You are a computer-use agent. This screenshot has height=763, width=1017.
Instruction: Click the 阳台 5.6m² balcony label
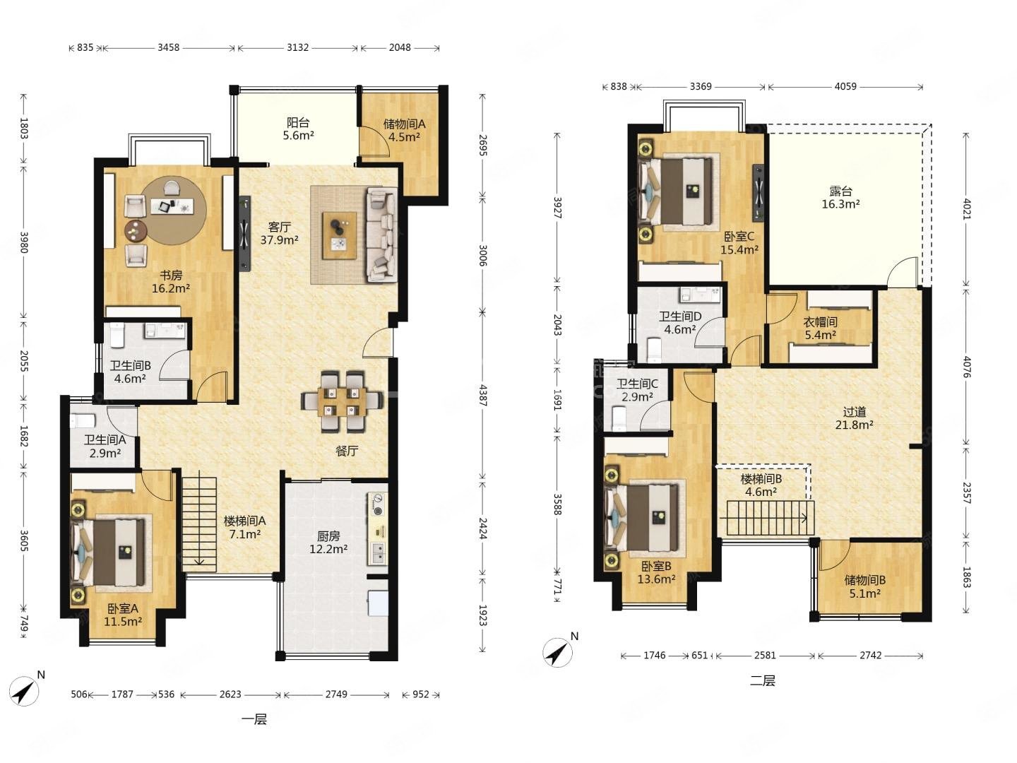(298, 129)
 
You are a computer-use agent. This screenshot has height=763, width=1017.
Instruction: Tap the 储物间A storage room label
(404, 124)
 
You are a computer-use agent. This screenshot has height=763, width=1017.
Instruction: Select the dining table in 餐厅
(342, 401)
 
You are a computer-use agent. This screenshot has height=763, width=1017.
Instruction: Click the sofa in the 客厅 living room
(382, 235)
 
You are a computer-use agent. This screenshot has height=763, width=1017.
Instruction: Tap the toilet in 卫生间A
(83, 420)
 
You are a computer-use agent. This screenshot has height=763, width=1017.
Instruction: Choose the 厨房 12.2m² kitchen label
(328, 543)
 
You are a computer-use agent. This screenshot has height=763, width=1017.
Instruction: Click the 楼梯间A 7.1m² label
(244, 527)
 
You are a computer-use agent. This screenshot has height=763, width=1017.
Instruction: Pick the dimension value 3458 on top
(168, 47)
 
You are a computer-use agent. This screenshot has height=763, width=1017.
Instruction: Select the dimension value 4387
(483, 395)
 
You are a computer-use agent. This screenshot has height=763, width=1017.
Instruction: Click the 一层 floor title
(254, 719)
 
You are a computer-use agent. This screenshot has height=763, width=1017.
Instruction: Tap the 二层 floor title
(762, 680)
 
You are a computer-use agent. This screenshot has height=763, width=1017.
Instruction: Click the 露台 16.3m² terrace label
(840, 197)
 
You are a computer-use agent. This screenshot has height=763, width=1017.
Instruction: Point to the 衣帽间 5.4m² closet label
(820, 328)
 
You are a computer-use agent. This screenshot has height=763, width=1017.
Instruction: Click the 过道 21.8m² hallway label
(854, 418)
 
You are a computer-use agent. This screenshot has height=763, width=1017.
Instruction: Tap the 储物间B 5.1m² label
(864, 586)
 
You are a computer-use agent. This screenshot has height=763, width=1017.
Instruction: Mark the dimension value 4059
(845, 86)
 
